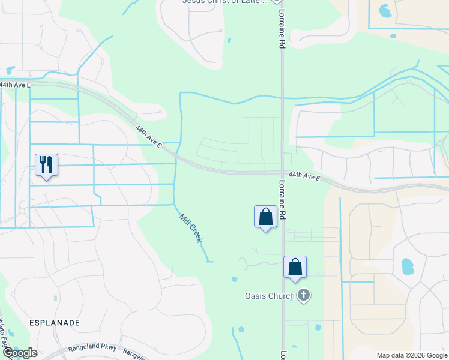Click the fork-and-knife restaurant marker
[x=46, y=164]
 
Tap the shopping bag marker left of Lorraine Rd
[x=265, y=217]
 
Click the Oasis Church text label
[x=269, y=296]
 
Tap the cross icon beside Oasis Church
[x=304, y=295]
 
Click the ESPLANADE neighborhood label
[x=55, y=323]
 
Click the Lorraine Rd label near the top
[x=281, y=30]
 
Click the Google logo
[x=19, y=353]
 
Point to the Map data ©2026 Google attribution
[x=411, y=355]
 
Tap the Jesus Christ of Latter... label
[x=224, y=2]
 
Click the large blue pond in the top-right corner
[x=384, y=11]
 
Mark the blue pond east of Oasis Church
[x=407, y=265]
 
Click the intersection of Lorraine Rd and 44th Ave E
[x=282, y=173]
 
